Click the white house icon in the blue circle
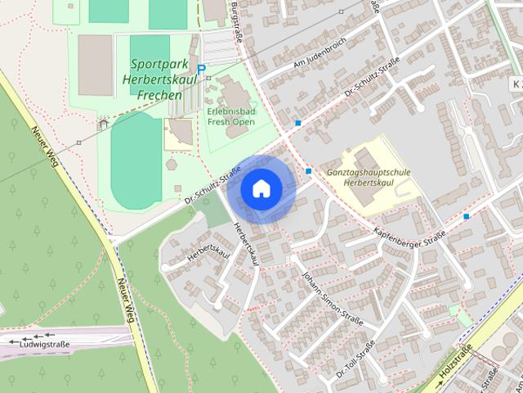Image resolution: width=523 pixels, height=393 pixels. (x=261, y=189)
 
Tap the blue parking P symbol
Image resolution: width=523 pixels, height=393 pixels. (x=202, y=71)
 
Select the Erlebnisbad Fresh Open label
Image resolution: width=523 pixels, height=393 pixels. (x=230, y=116)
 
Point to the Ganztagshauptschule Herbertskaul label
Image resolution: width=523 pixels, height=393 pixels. (x=369, y=177)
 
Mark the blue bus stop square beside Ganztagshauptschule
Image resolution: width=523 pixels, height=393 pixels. (x=308, y=171)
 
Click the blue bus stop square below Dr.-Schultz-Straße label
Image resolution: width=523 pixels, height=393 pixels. (x=298, y=124)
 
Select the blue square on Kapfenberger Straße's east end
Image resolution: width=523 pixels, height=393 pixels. (x=466, y=217)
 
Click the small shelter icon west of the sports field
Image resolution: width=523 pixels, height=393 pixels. (x=104, y=124)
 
